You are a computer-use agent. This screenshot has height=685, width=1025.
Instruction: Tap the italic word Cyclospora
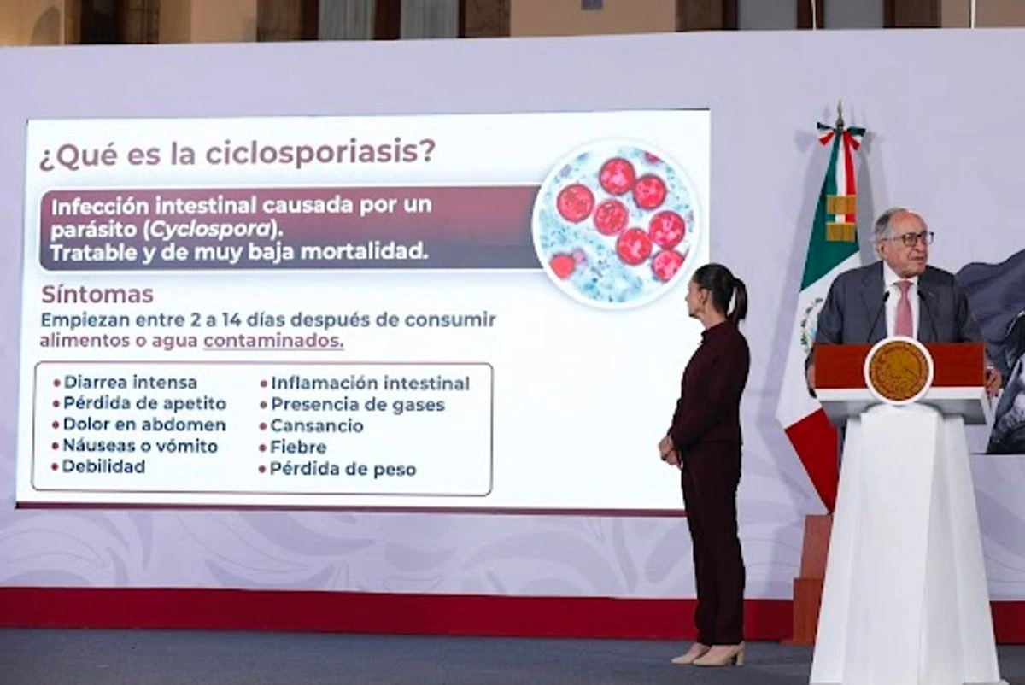coord(211,230)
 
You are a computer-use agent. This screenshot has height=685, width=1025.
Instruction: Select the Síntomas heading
coord(97,296)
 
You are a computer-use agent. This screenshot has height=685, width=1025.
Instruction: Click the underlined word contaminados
coord(273,341)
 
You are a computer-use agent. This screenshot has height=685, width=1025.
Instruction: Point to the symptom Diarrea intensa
coord(131,383)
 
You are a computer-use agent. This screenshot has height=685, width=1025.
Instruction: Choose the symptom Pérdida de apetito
coord(144,404)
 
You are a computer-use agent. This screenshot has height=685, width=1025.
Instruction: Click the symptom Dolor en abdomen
coord(144,424)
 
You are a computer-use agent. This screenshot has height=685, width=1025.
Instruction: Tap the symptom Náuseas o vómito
coord(140,446)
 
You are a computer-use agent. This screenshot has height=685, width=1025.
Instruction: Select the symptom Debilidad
coord(104,466)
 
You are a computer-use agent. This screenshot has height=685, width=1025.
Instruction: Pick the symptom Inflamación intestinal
coord(370,383)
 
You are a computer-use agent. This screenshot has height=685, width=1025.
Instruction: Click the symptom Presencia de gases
coord(358,405)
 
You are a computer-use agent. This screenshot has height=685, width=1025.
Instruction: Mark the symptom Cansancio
coord(317,426)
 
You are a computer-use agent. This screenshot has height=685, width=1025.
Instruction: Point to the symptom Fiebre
coord(298,447)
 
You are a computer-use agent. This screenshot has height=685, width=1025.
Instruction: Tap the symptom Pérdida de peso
coord(343,469)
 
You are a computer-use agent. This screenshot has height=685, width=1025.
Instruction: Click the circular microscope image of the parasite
coord(618,222)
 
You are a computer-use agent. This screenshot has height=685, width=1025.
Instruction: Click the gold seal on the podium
coord(899,371)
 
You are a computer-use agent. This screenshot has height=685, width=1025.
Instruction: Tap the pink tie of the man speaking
coord(904,308)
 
